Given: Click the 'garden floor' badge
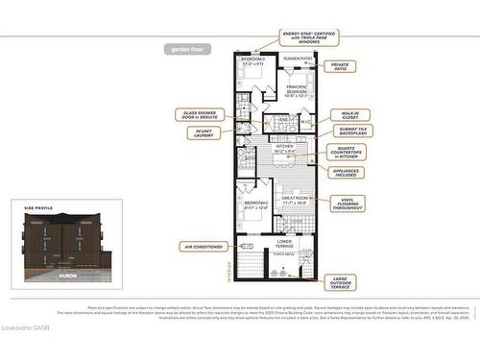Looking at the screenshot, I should click(186, 48).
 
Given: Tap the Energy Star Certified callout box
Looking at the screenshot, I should click(309, 37).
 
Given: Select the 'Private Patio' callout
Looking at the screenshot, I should click(341, 67).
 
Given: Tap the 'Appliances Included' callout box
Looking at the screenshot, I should click(346, 173).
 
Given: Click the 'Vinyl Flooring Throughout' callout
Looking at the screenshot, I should click(348, 204).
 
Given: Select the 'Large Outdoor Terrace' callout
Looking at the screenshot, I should click(348, 282).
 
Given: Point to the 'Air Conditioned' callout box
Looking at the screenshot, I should click(202, 247).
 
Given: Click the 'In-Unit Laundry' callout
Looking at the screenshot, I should click(204, 133).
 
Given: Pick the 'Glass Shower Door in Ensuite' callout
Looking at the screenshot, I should click(202, 114).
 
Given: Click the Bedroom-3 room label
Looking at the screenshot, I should click(253, 62).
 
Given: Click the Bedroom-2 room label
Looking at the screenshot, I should click(254, 205).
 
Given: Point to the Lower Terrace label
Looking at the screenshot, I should click(284, 244).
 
